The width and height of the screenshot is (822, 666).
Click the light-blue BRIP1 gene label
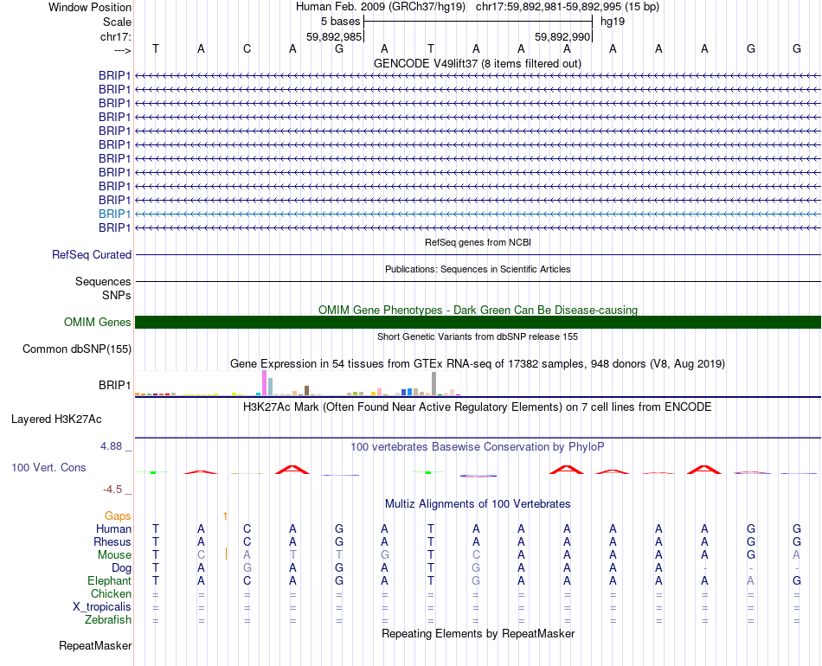point(114,214)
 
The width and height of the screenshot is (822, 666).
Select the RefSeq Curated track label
point(92,255)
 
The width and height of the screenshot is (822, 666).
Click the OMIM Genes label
point(98,323)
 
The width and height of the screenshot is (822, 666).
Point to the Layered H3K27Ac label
point(56,419)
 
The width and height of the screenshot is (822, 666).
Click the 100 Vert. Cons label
point(48,467)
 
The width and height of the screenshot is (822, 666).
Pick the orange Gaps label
point(118,516)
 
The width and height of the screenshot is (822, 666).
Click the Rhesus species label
point(112,542)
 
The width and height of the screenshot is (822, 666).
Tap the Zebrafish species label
point(108,620)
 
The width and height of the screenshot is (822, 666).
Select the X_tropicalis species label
point(102,607)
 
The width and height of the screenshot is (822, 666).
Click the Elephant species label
point(109,581)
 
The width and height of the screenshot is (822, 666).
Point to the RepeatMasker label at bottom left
point(95,646)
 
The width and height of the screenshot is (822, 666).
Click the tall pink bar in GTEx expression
point(264,382)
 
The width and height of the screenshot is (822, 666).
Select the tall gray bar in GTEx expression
point(433,383)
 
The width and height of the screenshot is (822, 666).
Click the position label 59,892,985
point(334,37)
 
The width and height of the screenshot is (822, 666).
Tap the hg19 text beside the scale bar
point(613,22)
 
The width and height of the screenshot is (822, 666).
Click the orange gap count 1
point(225,516)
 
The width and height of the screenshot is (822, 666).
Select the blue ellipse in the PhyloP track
point(478,475)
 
